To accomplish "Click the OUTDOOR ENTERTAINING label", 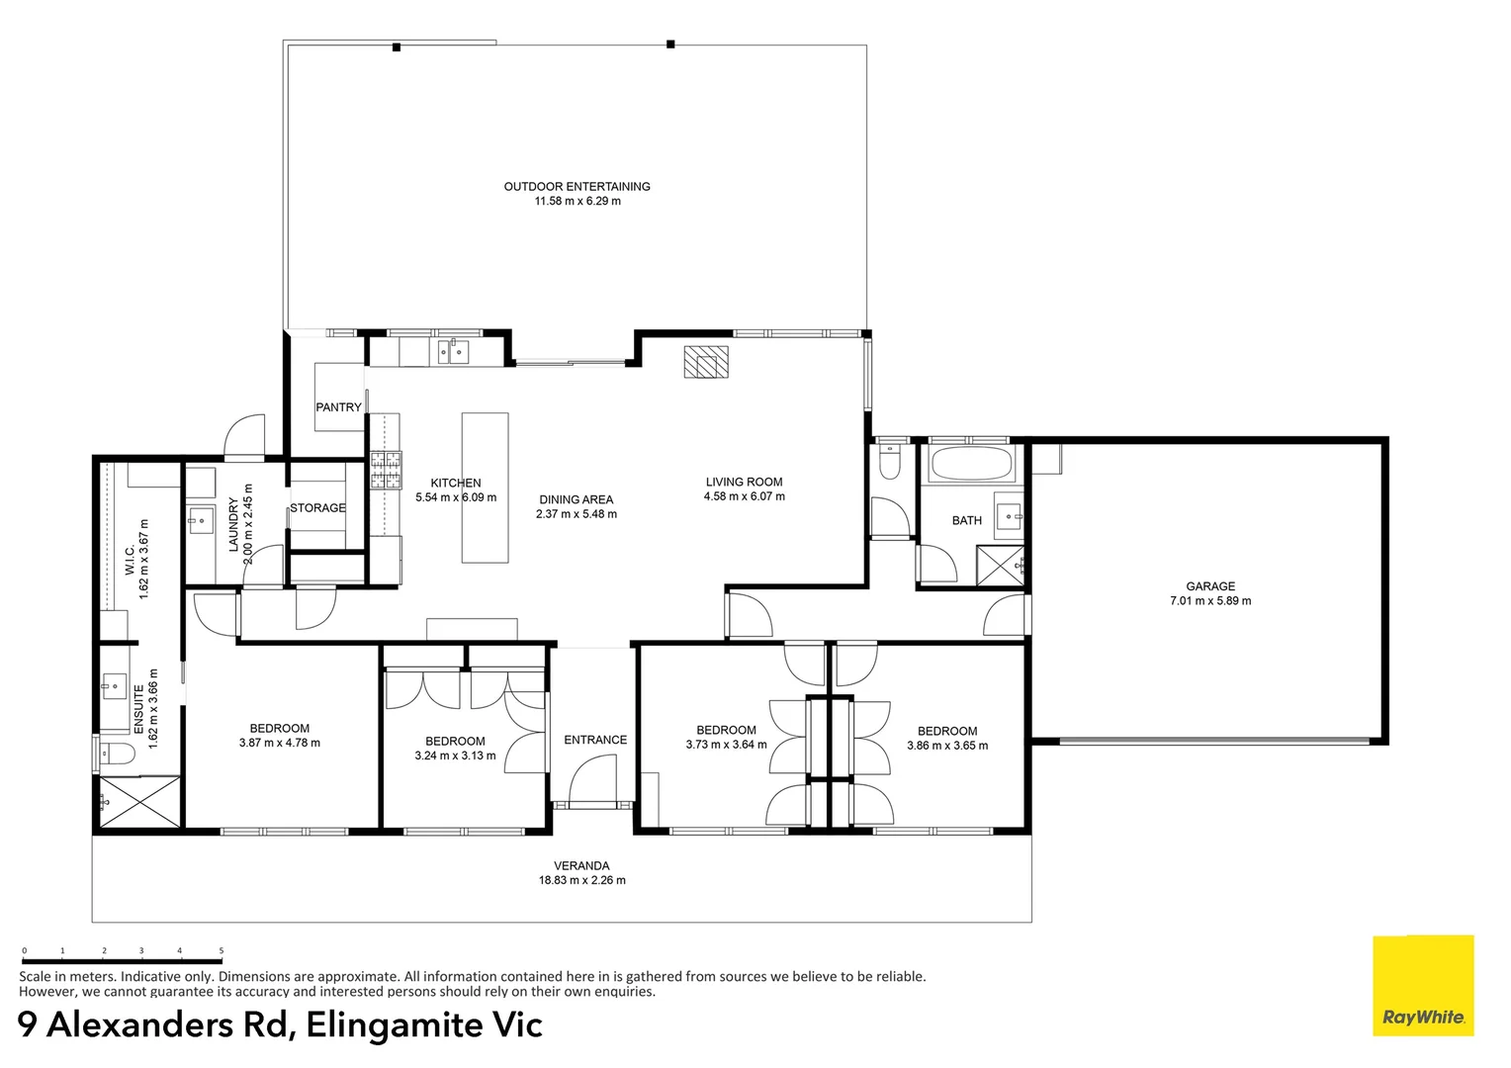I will tap(577, 186).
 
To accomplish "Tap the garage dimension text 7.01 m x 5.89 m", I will tap(1210, 601).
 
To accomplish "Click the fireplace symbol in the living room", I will tap(706, 362).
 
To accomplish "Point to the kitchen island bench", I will tap(485, 488).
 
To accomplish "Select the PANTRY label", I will tap(338, 407).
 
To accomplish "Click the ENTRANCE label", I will tap(595, 740).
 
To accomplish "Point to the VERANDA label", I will tap(581, 865).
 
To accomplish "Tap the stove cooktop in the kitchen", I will tap(386, 470).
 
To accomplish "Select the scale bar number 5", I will tap(221, 950).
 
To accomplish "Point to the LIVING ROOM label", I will tap(744, 482).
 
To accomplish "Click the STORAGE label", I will tap(317, 508).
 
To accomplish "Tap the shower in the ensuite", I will tap(139, 801).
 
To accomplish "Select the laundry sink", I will tap(201, 518).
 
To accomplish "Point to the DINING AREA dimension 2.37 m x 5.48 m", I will tap(577, 514).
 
